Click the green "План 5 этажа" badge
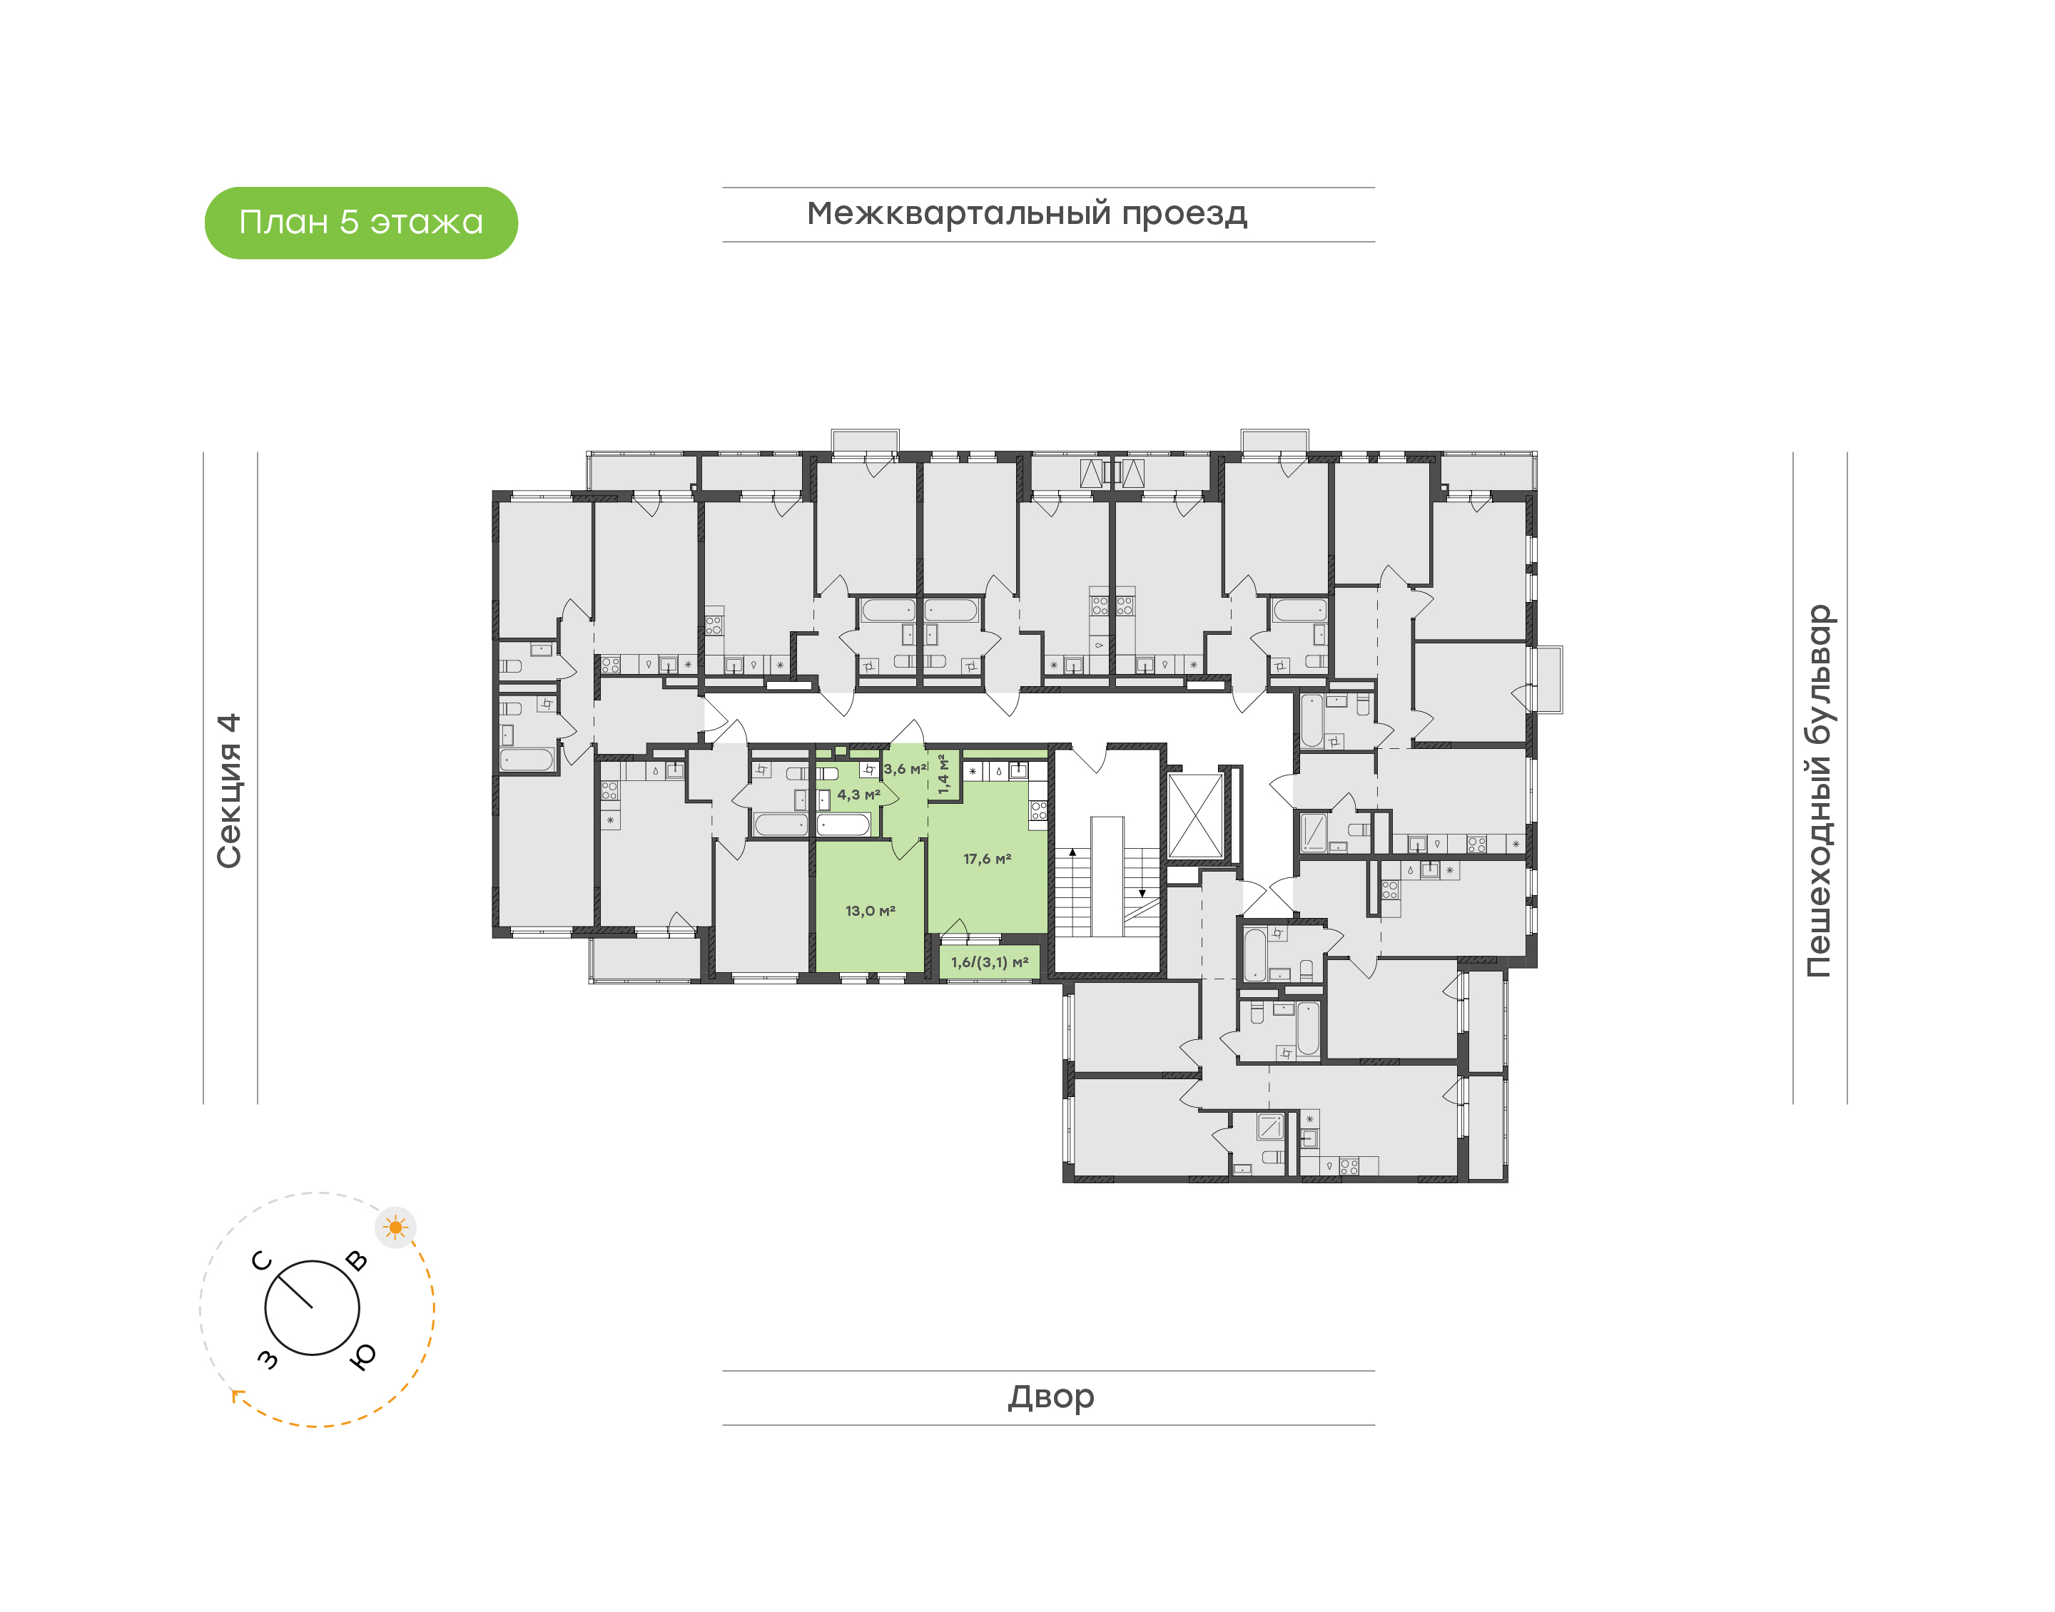coord(360,223)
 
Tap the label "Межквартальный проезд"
coord(1026,213)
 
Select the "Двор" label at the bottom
coord(1050,1396)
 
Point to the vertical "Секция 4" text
coord(229,790)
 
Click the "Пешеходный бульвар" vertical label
coord(1818,791)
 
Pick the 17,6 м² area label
coord(986,859)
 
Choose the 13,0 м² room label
coord(869,911)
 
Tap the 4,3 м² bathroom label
coord(858,795)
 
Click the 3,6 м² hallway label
coord(904,769)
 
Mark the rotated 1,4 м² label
coord(943,774)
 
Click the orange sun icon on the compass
coord(395,1228)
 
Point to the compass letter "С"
coord(261,1261)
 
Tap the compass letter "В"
coord(357,1261)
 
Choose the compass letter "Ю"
coord(362,1356)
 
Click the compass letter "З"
coord(268,1359)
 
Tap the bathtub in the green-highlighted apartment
coord(843,825)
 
